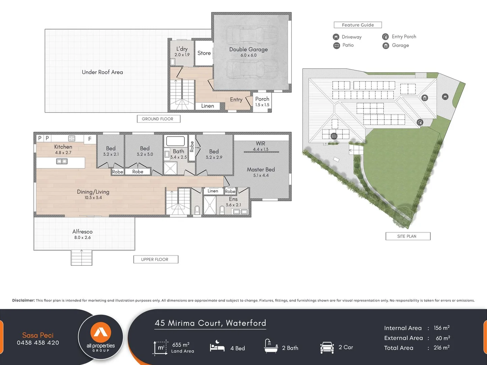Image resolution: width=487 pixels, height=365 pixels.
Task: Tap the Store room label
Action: [204, 53]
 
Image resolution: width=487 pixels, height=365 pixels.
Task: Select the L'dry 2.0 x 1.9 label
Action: [182, 51]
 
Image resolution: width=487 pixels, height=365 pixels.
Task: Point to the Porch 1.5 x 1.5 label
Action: [262, 101]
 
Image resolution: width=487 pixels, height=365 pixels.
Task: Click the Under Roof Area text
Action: [102, 72]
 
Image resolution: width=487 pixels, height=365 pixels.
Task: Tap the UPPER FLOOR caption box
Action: [155, 260]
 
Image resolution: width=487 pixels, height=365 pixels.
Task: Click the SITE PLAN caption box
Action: [408, 236]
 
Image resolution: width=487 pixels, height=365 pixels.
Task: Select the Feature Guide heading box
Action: [358, 25]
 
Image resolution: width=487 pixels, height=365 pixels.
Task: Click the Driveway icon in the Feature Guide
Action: [336, 37]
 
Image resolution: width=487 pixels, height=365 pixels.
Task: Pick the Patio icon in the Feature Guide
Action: [336, 46]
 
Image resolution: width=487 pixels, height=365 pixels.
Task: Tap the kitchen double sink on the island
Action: [62, 162]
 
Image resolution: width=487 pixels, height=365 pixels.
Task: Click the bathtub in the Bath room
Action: [175, 141]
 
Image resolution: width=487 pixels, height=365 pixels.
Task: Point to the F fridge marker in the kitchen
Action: [90, 139]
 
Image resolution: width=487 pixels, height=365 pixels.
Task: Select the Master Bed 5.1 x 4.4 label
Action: [261, 172]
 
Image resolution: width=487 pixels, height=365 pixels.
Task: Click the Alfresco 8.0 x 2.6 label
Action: [82, 234]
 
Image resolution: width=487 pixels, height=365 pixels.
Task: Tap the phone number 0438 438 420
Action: [38, 343]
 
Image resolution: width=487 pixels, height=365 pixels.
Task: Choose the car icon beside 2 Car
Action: [327, 347]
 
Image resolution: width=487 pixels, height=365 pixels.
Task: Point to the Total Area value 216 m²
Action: [441, 348]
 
